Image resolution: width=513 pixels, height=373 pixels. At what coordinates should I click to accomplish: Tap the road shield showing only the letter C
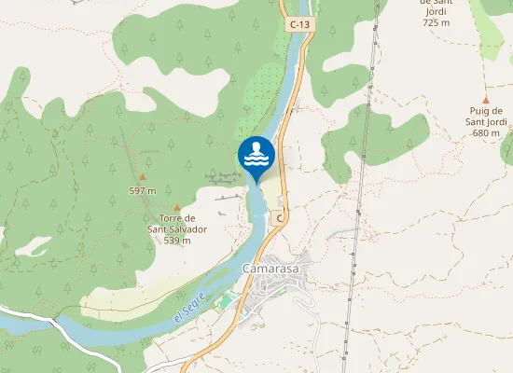(x=279, y=217)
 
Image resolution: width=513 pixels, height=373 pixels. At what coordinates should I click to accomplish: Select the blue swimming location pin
(x=256, y=157)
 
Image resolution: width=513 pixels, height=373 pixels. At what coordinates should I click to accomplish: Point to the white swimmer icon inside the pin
(x=256, y=153)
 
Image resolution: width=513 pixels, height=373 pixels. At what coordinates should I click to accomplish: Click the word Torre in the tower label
(x=169, y=218)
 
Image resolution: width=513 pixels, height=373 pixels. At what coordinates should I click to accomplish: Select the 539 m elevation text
(x=176, y=240)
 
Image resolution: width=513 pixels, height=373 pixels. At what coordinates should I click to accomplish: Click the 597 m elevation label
(x=142, y=190)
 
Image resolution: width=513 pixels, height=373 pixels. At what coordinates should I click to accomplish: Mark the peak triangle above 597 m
(x=143, y=176)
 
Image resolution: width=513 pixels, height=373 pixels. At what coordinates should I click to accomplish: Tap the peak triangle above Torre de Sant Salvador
(x=176, y=207)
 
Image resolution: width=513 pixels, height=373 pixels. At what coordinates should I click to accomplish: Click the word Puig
(x=480, y=111)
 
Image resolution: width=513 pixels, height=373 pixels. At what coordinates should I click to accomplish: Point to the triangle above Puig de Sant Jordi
(x=485, y=99)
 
